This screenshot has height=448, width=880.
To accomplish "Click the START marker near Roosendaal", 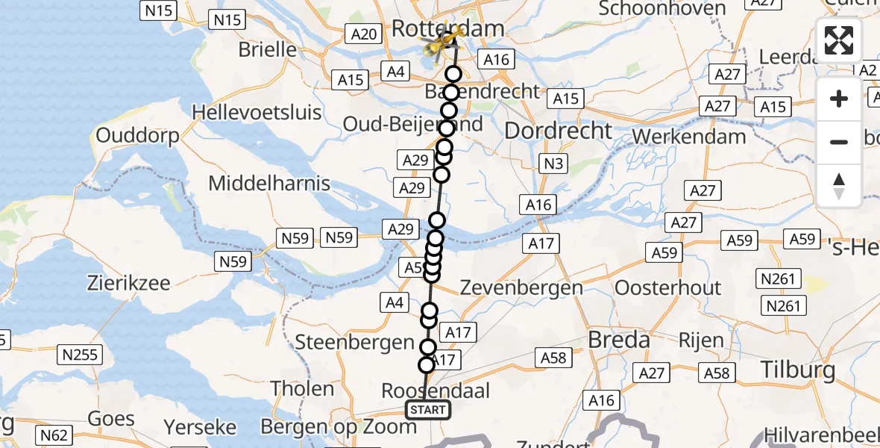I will pos(428,409).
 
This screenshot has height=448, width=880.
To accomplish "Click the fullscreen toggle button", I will pos(839,40).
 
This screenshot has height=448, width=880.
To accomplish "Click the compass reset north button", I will pos(839,186).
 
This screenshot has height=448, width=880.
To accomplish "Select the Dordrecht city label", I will pos(559,131).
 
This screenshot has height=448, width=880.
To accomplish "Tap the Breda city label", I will pos(619,340).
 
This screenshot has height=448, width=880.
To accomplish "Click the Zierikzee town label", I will pos(128,283).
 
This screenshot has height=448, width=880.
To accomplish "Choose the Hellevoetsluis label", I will pos(257,113).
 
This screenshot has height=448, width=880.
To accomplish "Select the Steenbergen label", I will pos(354,342).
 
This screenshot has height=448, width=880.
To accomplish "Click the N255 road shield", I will pos(81,355).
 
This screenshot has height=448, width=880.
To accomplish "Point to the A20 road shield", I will pos(364,34).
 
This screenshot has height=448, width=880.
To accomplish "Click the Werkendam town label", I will pos(689,137).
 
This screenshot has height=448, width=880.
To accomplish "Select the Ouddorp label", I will pos(138,137).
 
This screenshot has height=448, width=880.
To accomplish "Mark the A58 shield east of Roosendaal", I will pos(553,358).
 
